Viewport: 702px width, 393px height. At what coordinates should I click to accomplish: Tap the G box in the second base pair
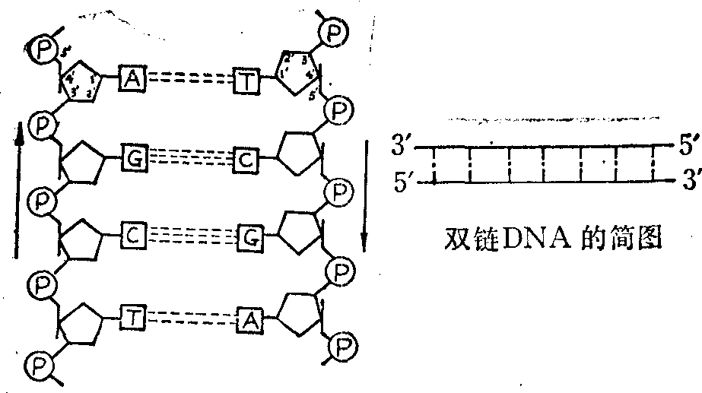134,160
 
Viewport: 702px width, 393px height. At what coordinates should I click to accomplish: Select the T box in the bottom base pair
133,319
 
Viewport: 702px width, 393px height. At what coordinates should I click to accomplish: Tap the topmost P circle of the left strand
42,50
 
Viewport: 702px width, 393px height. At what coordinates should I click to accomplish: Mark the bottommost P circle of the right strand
343,350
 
